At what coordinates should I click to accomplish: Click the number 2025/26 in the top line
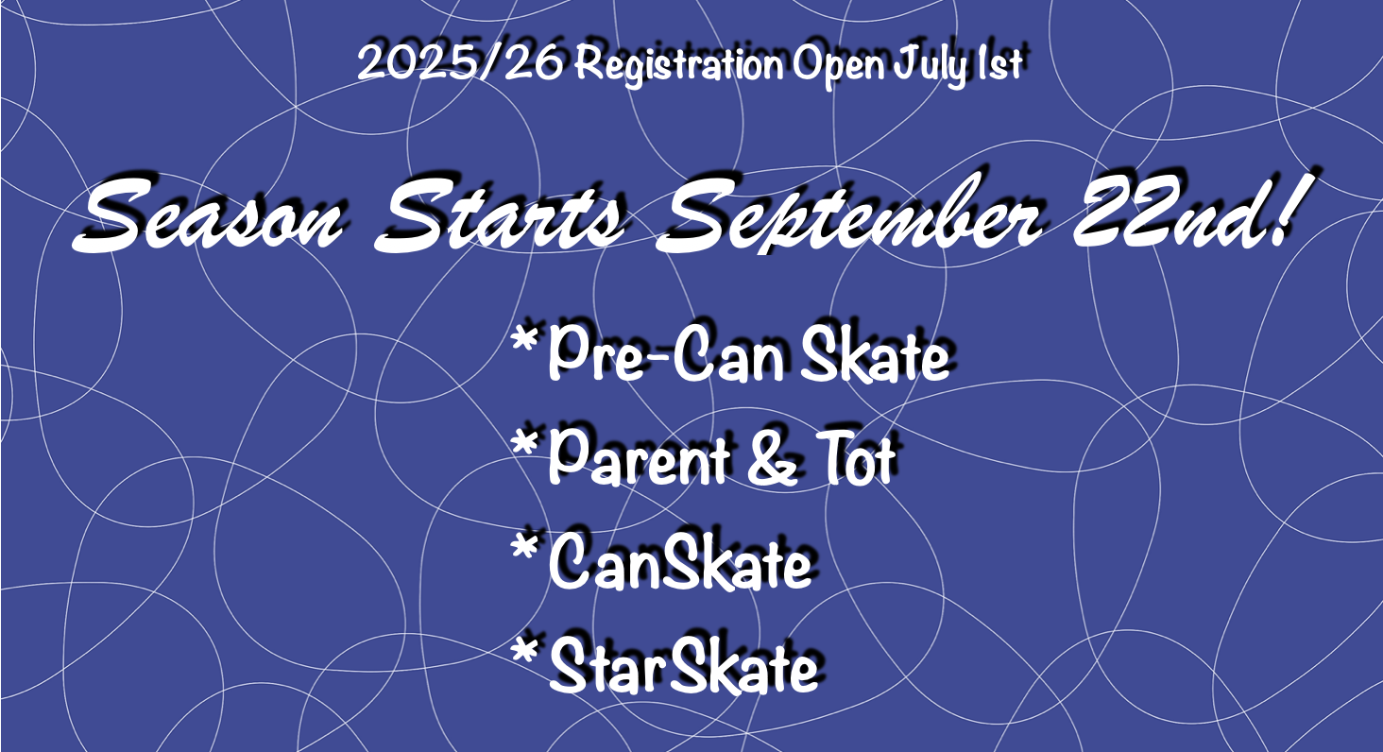pos(460,63)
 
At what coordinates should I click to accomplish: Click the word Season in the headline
pos(208,214)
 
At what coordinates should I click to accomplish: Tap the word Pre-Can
pos(666,353)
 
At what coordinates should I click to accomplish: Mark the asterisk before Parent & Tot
pos(524,443)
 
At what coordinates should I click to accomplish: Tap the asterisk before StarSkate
pos(524,652)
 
